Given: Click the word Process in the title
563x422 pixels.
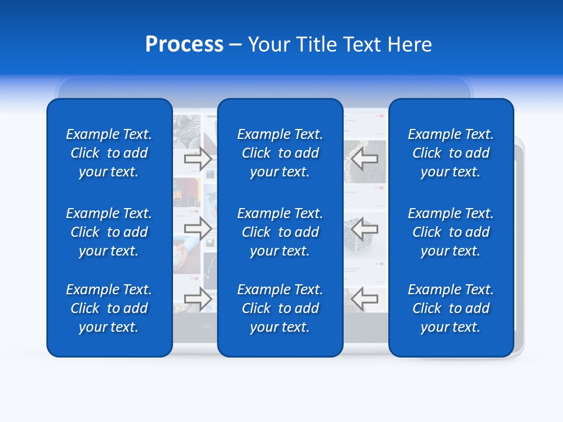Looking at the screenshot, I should click(184, 45).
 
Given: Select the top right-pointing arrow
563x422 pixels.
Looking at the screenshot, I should click(198, 159).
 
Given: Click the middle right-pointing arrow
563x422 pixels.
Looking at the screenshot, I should click(198, 229).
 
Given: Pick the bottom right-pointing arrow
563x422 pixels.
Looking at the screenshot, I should click(198, 298).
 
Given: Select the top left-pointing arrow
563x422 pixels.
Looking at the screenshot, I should click(364, 159).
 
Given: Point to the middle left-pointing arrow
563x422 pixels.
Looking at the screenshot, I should click(364, 229).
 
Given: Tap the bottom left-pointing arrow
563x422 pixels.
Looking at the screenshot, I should click(364, 298).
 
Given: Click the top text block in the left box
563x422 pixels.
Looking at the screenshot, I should click(109, 153).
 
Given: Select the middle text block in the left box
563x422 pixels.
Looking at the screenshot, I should click(109, 232).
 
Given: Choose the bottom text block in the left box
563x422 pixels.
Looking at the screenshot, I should click(109, 308).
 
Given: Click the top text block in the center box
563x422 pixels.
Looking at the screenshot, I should click(280, 153).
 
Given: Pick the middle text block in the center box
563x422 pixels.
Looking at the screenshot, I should click(280, 232).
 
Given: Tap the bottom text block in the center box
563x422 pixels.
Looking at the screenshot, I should click(280, 308).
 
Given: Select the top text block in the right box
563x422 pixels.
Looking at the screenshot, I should click(451, 153).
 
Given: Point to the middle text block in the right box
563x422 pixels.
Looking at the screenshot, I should click(451, 232).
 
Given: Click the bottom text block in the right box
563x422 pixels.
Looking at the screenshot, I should click(451, 308).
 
